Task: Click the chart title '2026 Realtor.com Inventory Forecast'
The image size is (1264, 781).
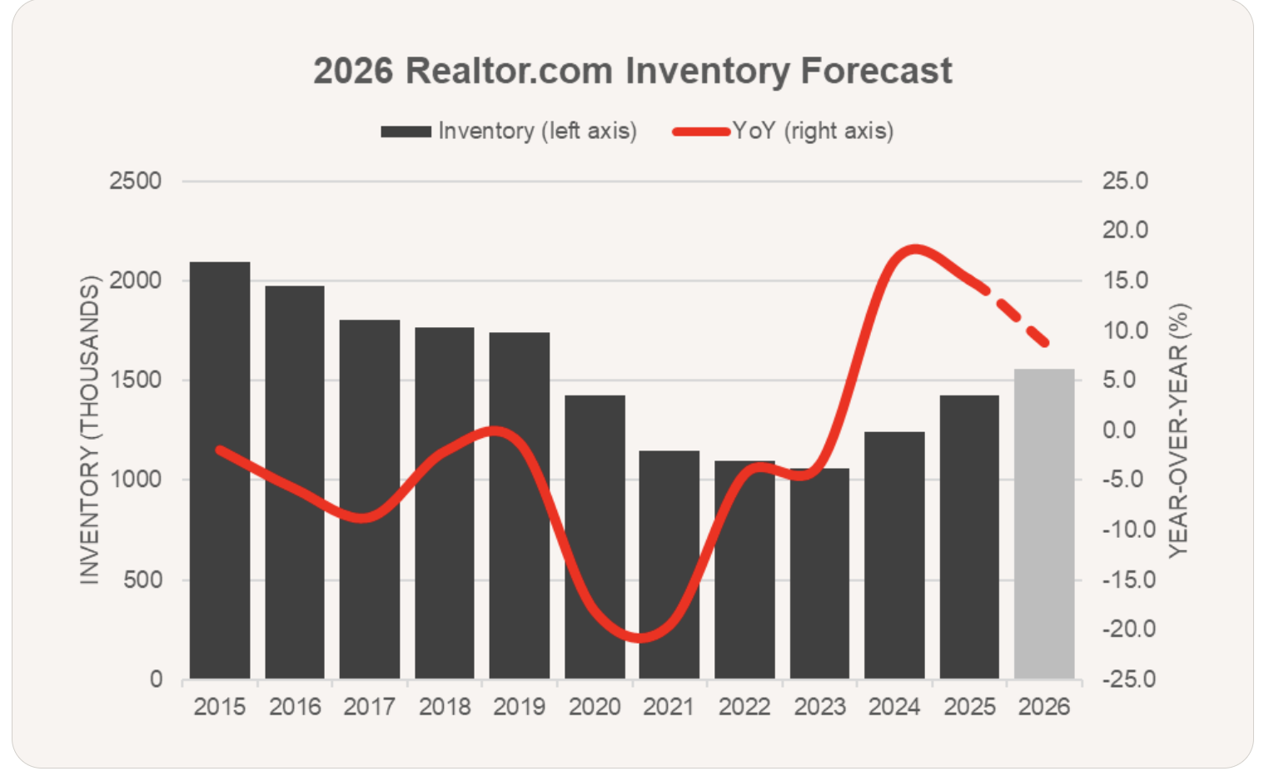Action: [x=632, y=71]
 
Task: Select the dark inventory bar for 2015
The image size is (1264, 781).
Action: [x=220, y=470]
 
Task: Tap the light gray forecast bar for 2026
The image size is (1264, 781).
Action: [x=1044, y=525]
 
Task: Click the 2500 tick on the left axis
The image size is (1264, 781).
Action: [x=136, y=181]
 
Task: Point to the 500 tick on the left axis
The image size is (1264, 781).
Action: [x=142, y=580]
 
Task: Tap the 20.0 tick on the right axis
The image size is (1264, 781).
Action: [x=1125, y=230]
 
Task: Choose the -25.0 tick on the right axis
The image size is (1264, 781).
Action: [x=1128, y=679]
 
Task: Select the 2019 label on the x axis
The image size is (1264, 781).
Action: [x=519, y=707]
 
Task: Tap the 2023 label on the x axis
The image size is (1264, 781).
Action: [x=819, y=707]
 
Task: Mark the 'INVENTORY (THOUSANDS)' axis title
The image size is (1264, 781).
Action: [x=89, y=430]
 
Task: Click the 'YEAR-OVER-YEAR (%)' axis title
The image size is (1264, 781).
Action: [x=1178, y=430]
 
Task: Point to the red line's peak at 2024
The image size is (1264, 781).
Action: [x=914, y=248]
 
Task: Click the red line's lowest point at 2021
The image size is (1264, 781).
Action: [x=639, y=639]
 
